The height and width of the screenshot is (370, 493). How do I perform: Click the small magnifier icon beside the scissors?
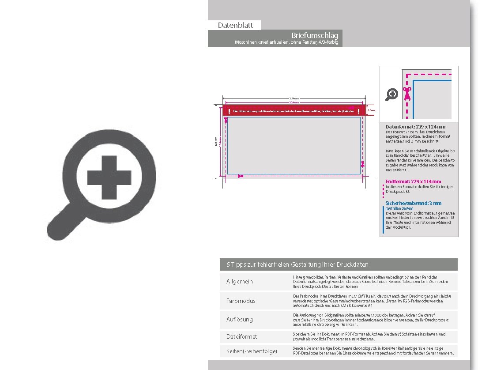click(391, 94)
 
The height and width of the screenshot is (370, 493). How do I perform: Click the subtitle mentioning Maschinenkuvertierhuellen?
click(286, 42)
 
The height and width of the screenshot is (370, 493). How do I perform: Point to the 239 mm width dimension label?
click(294, 98)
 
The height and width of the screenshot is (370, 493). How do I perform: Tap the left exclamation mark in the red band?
click(229, 111)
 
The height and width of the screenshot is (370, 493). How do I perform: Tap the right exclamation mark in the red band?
click(358, 111)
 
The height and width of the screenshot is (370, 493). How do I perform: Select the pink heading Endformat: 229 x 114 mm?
click(413, 181)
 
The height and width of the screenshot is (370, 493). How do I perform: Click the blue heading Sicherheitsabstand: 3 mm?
click(413, 204)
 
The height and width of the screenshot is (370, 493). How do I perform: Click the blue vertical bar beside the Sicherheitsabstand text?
click(383, 219)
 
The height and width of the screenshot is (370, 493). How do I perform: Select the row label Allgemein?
click(240, 282)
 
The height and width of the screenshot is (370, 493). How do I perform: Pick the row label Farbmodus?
click(241, 301)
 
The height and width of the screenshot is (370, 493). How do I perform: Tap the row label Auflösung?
click(240, 319)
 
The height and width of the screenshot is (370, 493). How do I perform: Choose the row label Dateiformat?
click(241, 336)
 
